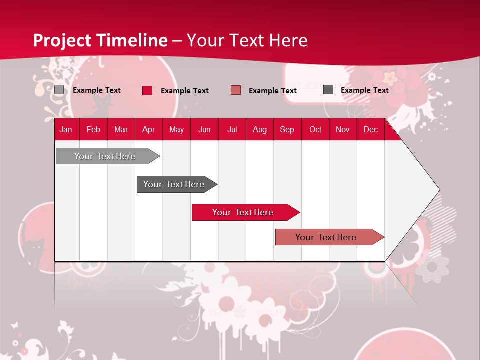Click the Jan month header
click(x=66, y=129)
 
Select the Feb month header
click(x=93, y=129)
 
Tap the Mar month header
click(x=121, y=129)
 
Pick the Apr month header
click(x=148, y=129)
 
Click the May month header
click(x=176, y=129)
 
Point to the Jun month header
click(x=204, y=129)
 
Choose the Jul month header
click(x=232, y=129)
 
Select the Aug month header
click(x=259, y=129)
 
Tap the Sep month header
click(x=287, y=129)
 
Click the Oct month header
click(x=315, y=129)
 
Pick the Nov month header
click(x=343, y=129)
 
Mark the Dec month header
click(x=370, y=129)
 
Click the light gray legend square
click(x=59, y=90)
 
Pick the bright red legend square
click(x=147, y=90)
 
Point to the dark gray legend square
click(x=328, y=90)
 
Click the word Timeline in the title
click(x=132, y=40)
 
